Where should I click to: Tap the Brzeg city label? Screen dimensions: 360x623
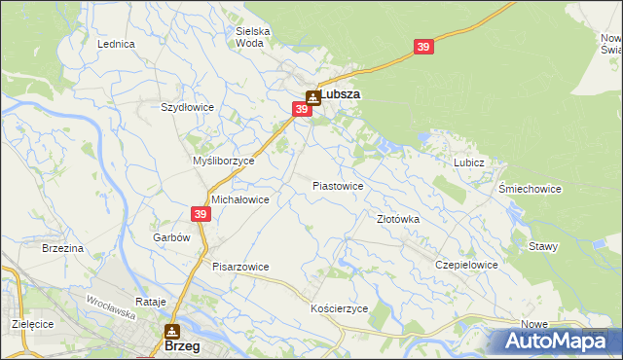[184, 345]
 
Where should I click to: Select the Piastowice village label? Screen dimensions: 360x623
[338, 185]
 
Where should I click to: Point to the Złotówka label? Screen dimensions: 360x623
[398, 219]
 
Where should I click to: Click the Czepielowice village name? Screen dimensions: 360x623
[467, 265]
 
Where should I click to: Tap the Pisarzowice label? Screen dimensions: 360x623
[240, 267]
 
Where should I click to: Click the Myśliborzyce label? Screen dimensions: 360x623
[224, 161]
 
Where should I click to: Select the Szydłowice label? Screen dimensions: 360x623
[187, 107]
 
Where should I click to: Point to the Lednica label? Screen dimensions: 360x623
[116, 45]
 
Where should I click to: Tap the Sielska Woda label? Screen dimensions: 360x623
[253, 37]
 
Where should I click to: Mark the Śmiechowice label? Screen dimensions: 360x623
[530, 189]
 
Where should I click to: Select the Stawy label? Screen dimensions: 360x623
[543, 246]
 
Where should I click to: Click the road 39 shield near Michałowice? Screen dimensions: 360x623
[201, 214]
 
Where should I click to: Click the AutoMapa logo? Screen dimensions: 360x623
[553, 341]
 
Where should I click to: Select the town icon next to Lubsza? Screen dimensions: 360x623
[312, 96]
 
